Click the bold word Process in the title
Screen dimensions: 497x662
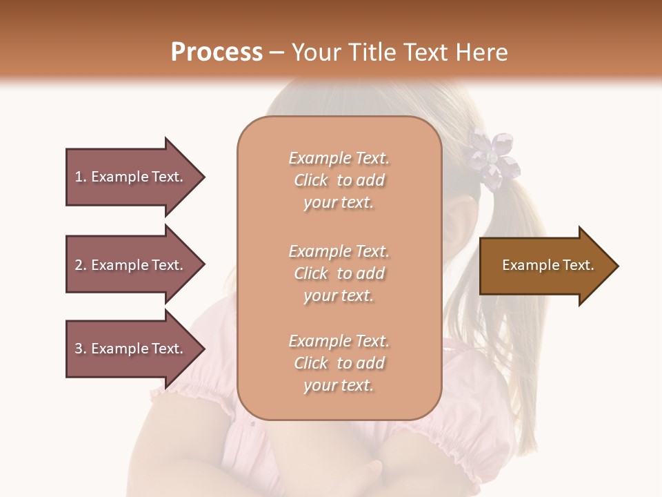pos(217,52)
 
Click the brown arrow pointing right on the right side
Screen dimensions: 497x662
pos(545,266)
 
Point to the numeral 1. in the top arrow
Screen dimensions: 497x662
pos(81,177)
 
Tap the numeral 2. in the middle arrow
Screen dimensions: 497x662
pos(81,265)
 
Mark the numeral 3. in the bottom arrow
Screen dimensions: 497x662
pos(81,349)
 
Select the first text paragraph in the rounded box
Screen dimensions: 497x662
pos(339,180)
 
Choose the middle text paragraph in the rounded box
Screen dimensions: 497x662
pos(339,273)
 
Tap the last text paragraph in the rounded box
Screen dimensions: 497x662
pos(339,363)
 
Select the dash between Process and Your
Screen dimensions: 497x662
pos(277,52)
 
